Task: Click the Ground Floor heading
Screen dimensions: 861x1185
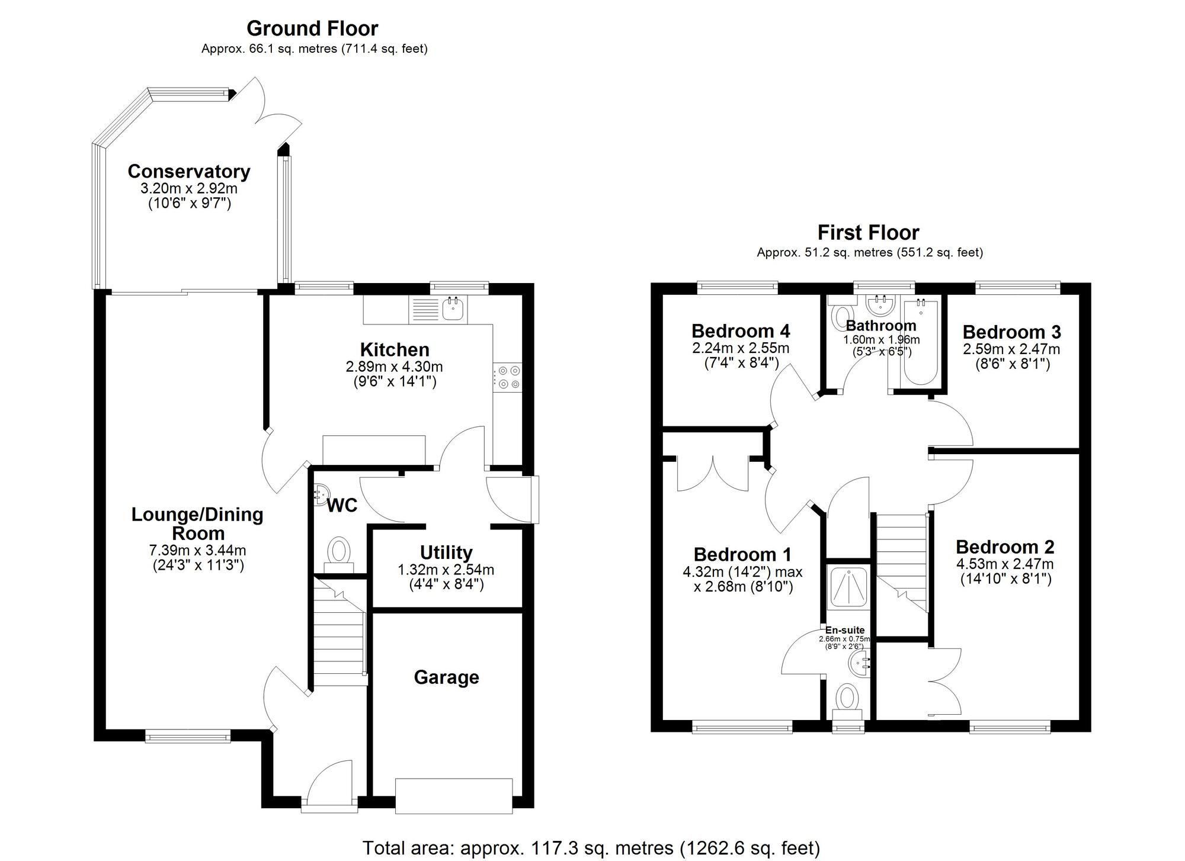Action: pyautogui.click(x=312, y=28)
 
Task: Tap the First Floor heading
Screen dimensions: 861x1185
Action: pyautogui.click(x=868, y=232)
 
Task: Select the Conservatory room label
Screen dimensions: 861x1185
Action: pyautogui.click(x=189, y=171)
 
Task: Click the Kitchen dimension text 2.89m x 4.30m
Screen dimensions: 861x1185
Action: pyautogui.click(x=394, y=367)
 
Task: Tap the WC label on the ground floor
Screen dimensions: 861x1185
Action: pyautogui.click(x=342, y=505)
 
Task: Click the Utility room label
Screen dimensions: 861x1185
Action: pyautogui.click(x=446, y=552)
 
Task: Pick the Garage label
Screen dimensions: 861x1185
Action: pyautogui.click(x=446, y=677)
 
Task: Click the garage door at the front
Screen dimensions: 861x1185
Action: pyautogui.click(x=454, y=795)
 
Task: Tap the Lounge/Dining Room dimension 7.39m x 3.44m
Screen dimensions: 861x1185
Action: pyautogui.click(x=197, y=550)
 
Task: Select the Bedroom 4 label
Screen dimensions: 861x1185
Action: pyautogui.click(x=741, y=330)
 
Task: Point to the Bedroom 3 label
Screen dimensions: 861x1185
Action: pyautogui.click(x=1011, y=332)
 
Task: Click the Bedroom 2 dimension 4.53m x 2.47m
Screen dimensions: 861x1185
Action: pyautogui.click(x=1005, y=564)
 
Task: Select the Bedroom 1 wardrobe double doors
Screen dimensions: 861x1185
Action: pyautogui.click(x=713, y=474)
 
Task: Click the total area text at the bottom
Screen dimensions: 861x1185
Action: pyautogui.click(x=591, y=848)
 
